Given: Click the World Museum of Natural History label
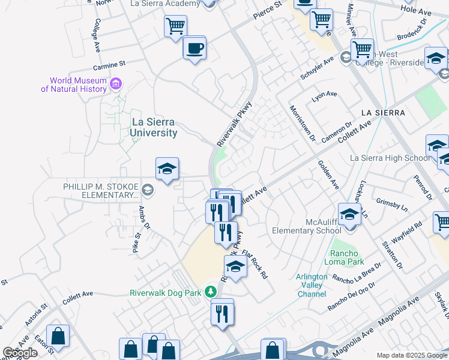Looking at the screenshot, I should coord(74,85).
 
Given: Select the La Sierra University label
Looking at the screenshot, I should coord(154,128).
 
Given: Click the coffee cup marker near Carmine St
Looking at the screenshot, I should coord(194,47).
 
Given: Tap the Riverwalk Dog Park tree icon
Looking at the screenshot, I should coord(210,292).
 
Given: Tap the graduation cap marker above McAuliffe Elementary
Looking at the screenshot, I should coord(349,214).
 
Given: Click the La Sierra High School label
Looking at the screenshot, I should coord(390,158).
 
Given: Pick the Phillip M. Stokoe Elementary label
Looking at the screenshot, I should coord(101,191).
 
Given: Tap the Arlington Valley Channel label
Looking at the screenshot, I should coord(312,285).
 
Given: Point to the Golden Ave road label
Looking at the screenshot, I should coord(329,174).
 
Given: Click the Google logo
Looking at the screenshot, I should coord(20,353).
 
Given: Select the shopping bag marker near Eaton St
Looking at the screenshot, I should coord(58,337).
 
